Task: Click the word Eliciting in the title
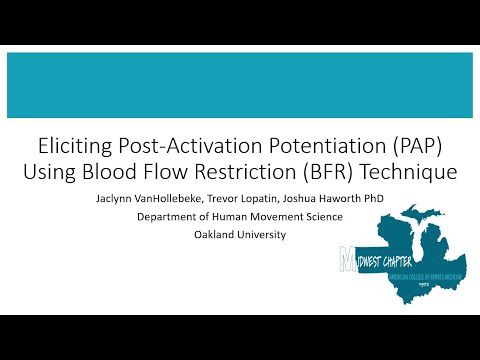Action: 73,145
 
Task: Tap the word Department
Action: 226,216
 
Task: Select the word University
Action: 267,235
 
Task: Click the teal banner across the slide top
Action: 240,86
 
